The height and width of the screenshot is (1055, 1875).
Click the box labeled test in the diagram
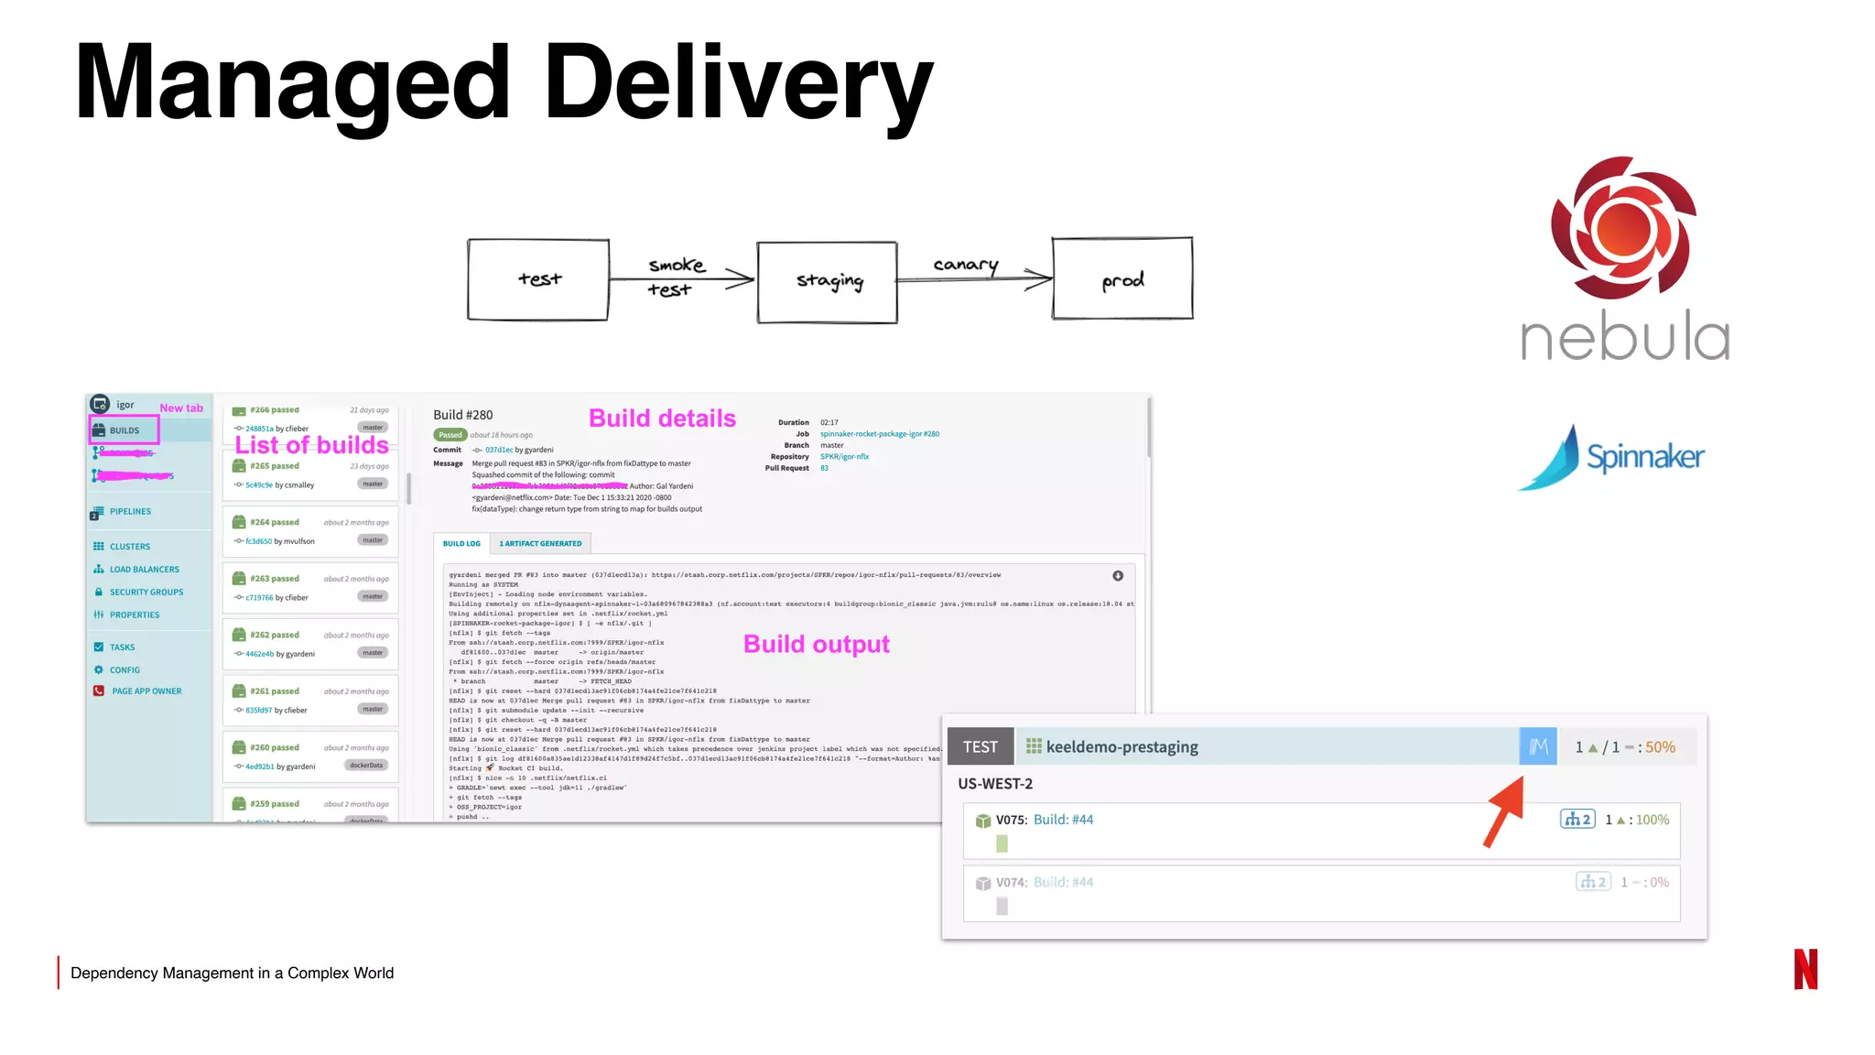[538, 279]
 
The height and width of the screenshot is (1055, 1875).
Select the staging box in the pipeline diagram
[828, 282]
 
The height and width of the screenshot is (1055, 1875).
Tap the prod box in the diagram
[1122, 279]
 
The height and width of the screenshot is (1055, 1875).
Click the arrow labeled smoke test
[682, 279]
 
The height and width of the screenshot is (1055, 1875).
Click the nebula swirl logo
[1623, 228]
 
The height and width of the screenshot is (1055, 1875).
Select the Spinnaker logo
[1612, 457]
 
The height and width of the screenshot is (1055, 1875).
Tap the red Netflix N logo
[1805, 969]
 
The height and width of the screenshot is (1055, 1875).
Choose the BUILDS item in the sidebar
[125, 430]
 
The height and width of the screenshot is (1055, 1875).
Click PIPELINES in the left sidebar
[130, 512]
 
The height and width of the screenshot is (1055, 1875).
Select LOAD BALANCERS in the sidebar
[144, 570]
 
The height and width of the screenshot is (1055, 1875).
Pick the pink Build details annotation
[662, 419]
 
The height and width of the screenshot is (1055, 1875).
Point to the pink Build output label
[816, 645]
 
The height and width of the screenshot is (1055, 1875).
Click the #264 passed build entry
[275, 523]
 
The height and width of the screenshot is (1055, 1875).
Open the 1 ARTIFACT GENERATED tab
[540, 544]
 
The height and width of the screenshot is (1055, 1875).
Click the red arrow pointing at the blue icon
[1503, 811]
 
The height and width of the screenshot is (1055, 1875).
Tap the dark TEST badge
[980, 747]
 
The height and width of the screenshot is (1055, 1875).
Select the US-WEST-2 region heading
[995, 784]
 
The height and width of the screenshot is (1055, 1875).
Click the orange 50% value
[1660, 747]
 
